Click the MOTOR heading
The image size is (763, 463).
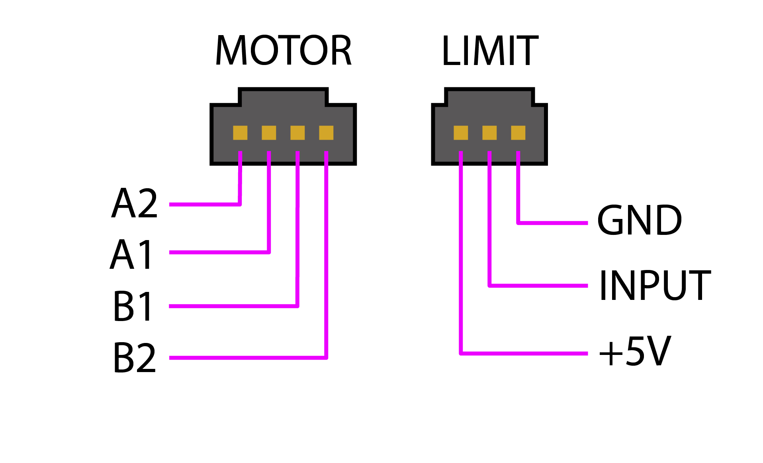pos(283,51)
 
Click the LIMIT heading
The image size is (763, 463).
pos(490,51)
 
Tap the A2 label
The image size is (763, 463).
pos(135,204)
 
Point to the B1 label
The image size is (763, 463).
pos(133,306)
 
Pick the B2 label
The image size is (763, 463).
pos(135,358)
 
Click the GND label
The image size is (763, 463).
pos(639,220)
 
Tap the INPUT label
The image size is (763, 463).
pos(654,285)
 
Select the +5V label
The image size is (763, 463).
pos(635,351)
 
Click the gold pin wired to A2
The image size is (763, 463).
pos(240,133)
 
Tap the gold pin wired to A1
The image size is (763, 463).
pos(269,133)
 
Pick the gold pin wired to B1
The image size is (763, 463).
pos(297,133)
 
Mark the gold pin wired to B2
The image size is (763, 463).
pos(326,133)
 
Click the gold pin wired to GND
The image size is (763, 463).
pos(518,133)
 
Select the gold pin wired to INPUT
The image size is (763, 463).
pos(489,133)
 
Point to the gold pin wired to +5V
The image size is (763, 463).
pos(461,133)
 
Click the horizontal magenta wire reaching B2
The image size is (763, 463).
pos(247,358)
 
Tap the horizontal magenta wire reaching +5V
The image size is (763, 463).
pos(524,353)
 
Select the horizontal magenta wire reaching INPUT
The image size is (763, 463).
pos(538,286)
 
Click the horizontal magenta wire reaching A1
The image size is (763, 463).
pos(219,252)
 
